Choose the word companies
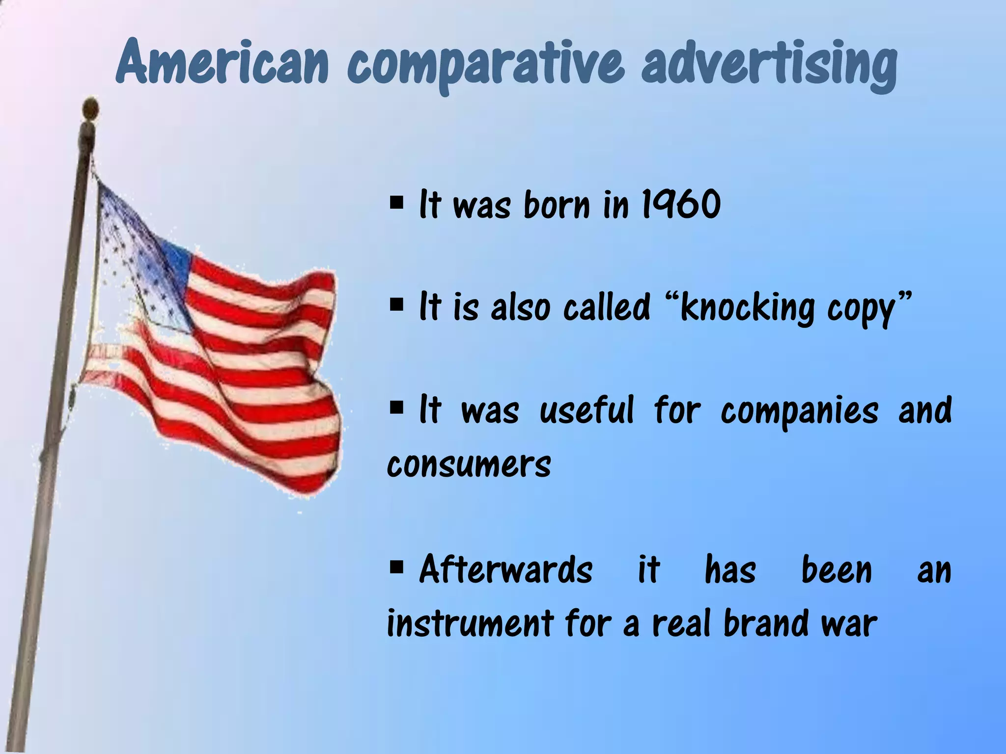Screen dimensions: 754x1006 click(x=799, y=412)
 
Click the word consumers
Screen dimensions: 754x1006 click(x=469, y=464)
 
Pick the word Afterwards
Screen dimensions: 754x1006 click(x=506, y=569)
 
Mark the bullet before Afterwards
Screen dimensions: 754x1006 click(x=396, y=567)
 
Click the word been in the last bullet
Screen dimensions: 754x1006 click(x=836, y=570)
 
